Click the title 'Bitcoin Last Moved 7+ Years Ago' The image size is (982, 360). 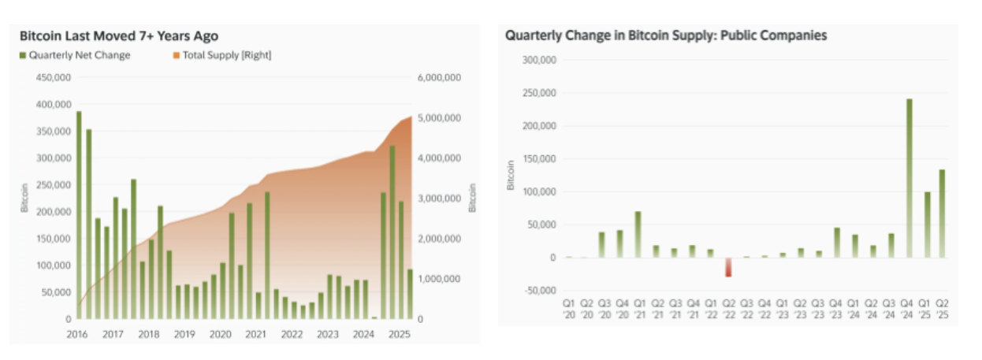tap(119, 36)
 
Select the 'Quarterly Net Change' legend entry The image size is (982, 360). tap(75, 55)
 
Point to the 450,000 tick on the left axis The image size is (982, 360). tap(54, 77)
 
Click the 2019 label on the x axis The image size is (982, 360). tap(184, 334)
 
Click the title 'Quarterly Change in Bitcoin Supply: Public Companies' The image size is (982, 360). tap(666, 36)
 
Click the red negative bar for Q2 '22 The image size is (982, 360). tap(729, 267)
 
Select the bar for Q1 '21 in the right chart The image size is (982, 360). tap(638, 234)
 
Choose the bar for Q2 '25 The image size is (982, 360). tap(941, 213)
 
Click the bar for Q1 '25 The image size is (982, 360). tap(928, 225)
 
